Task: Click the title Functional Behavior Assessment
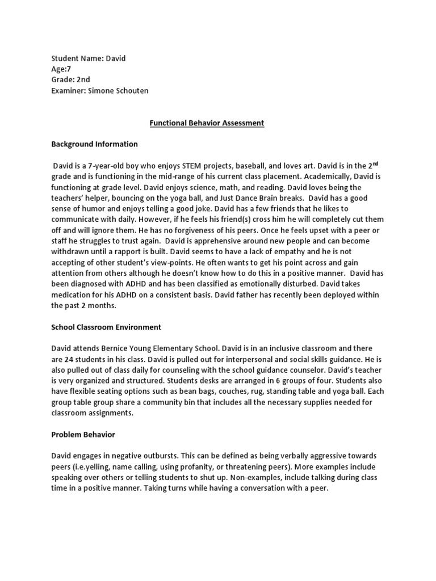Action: (207, 123)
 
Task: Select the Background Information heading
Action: (94, 144)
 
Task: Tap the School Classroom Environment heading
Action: (106, 327)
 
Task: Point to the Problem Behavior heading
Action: (83, 435)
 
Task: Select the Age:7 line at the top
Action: (61, 69)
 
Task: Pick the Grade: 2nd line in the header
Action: (70, 80)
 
